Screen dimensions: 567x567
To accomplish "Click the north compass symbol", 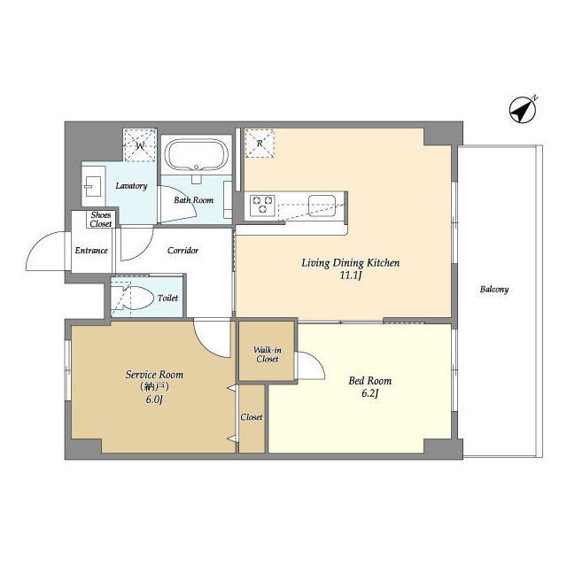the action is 522,110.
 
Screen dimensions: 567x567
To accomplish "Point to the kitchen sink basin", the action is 322,205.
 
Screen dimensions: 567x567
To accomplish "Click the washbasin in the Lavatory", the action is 92,186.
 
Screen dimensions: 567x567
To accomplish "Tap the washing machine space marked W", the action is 140,145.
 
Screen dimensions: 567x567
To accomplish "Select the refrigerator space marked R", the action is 260,144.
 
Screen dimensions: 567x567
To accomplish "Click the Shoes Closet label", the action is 101,220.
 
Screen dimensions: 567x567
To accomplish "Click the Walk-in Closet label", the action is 268,354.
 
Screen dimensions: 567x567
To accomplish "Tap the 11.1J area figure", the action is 351,276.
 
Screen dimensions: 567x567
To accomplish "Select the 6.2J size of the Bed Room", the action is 370,393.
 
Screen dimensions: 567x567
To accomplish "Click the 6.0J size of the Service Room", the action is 154,400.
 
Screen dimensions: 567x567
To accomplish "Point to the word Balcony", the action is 494,290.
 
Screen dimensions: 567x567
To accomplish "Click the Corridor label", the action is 183,250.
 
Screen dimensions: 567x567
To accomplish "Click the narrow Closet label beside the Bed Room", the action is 252,417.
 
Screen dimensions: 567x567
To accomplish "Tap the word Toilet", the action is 167,298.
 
